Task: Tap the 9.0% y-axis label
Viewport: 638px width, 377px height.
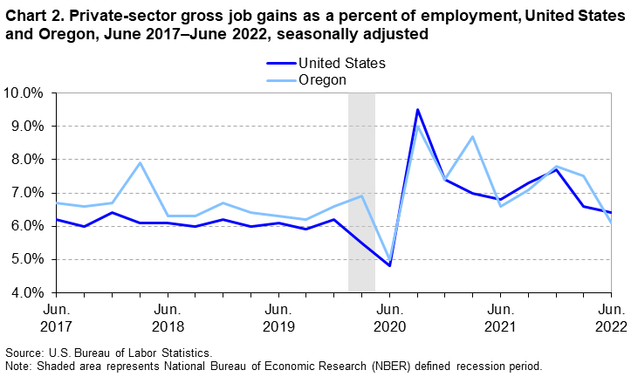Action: (x=27, y=126)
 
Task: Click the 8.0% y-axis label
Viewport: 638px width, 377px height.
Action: (x=27, y=159)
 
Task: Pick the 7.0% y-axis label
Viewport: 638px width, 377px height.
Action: (x=27, y=193)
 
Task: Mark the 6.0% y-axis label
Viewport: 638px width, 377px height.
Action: (x=27, y=226)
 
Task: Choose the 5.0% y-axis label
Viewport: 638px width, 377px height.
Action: (x=27, y=259)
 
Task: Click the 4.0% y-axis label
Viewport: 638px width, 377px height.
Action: (x=27, y=292)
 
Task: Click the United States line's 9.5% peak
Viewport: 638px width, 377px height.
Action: (x=417, y=110)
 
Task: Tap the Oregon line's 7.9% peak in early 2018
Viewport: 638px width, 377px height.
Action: (x=140, y=163)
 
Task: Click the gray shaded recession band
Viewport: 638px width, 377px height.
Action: (x=361, y=192)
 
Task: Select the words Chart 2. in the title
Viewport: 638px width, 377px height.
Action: (x=35, y=17)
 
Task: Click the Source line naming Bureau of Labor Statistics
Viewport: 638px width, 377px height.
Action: (x=109, y=352)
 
